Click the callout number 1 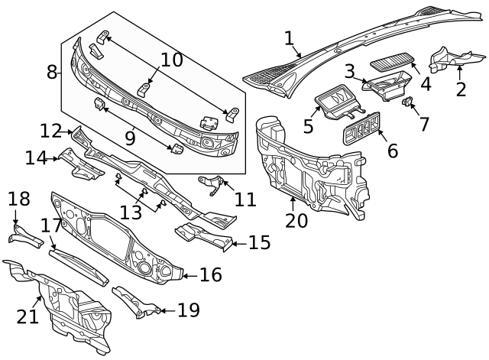[289, 38]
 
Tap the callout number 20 [296, 221]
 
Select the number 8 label [52, 73]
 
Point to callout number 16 [210, 274]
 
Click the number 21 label [28, 316]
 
